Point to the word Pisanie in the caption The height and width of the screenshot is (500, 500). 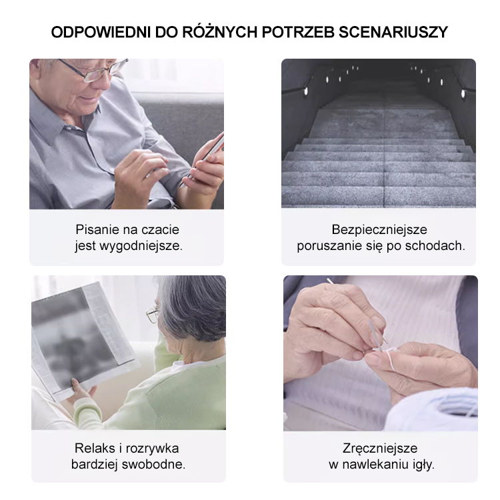click(x=97, y=230)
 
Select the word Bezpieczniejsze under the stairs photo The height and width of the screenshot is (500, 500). click(x=379, y=230)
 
